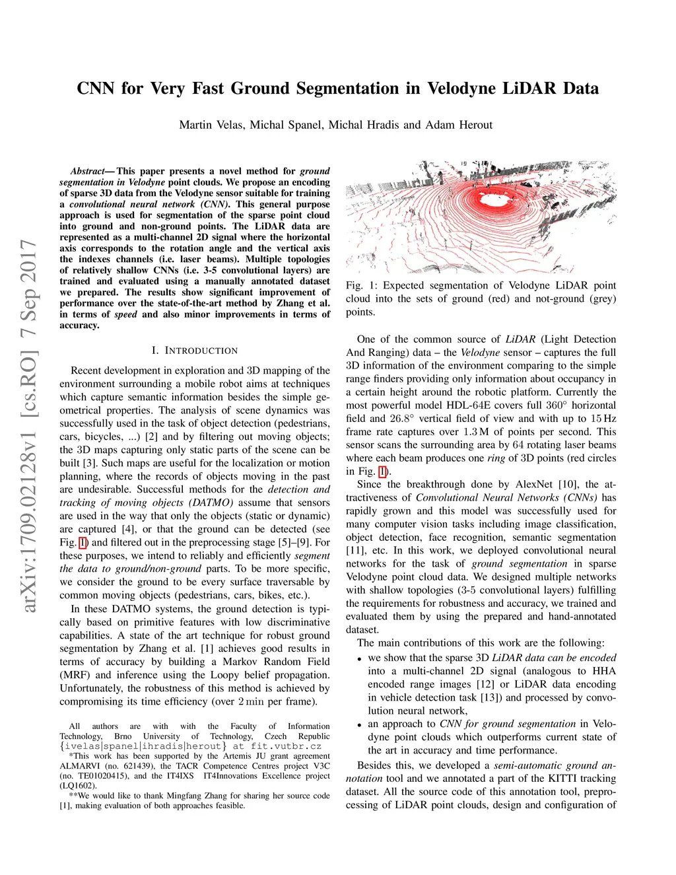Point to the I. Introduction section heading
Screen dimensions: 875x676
195,351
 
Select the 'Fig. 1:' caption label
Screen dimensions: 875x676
361,285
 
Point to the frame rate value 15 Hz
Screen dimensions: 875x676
603,419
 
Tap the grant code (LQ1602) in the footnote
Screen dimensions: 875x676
78,786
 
